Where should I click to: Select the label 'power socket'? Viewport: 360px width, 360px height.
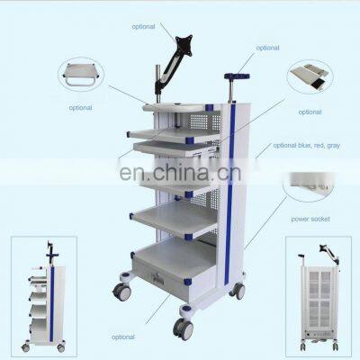pos(309,218)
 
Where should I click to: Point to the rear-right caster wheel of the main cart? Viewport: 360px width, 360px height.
pos(238,290)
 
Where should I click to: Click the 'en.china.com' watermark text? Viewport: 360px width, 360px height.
pos(180,171)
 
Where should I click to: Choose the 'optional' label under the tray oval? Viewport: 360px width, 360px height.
pos(310,112)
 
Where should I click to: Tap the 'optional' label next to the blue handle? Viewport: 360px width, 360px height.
pos(267,48)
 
